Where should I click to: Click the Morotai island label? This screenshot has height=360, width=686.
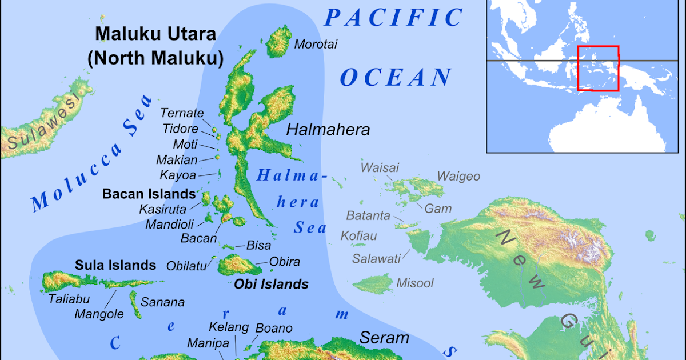(x=316, y=44)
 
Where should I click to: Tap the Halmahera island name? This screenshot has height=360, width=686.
(x=328, y=130)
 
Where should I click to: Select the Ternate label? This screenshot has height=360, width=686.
(x=182, y=113)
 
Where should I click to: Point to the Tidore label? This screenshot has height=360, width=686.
(x=180, y=129)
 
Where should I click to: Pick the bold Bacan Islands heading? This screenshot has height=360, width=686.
(x=149, y=194)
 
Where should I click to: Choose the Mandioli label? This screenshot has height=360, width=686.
(x=170, y=224)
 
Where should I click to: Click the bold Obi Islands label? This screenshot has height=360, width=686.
(x=271, y=284)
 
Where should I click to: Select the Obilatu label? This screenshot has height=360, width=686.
(x=187, y=265)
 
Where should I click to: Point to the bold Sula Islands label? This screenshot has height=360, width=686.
(x=115, y=265)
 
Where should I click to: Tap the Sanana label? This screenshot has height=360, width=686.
(x=163, y=302)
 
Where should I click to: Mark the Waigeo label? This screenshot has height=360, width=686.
(x=458, y=176)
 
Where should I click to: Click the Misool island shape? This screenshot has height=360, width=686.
(x=372, y=283)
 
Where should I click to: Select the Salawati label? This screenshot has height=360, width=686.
(x=376, y=258)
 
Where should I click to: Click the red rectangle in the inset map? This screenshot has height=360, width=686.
(x=599, y=69)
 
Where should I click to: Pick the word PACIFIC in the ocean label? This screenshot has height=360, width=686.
(x=394, y=18)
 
